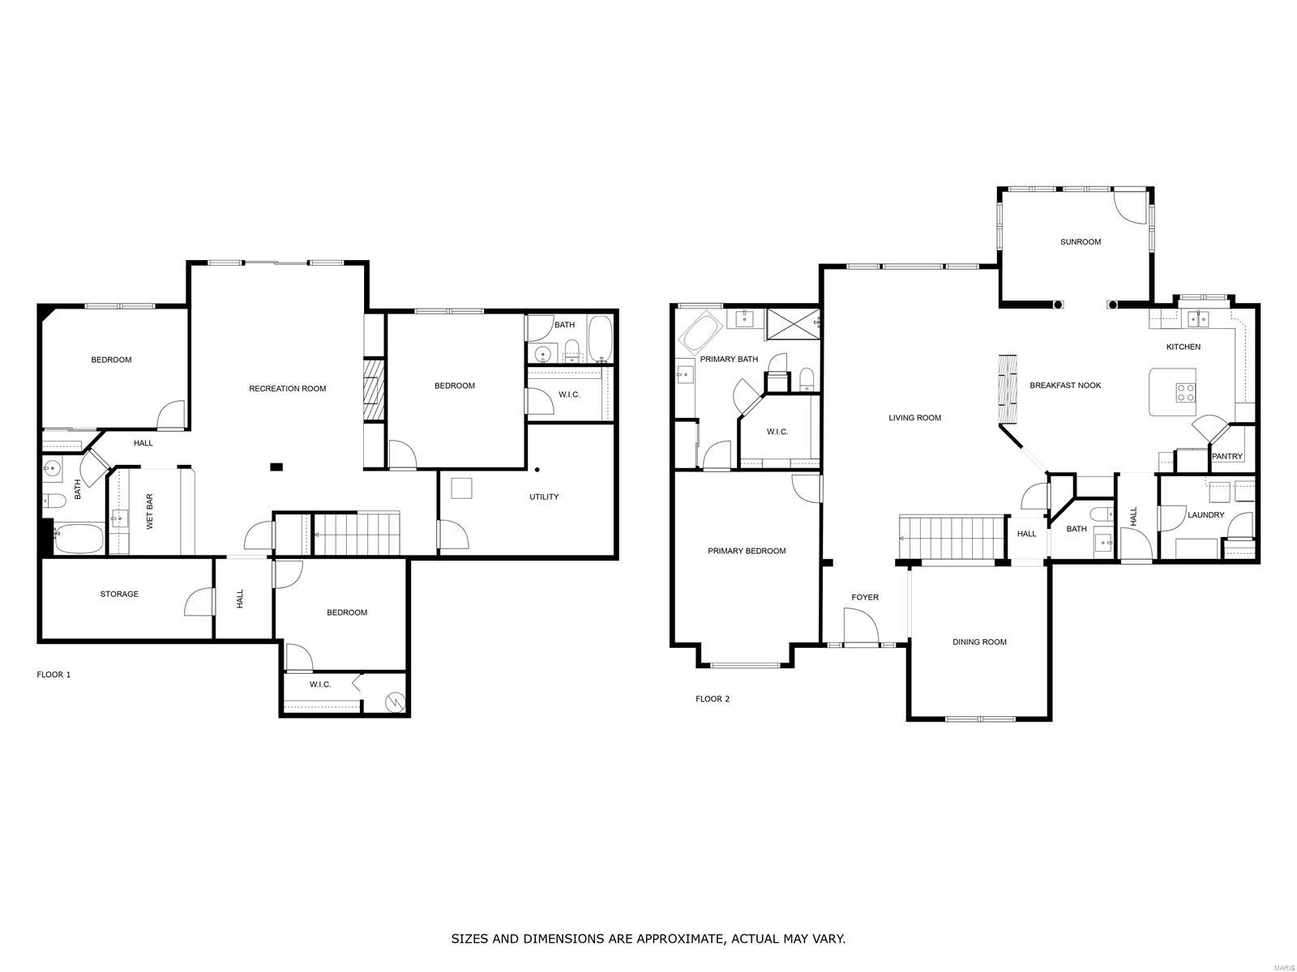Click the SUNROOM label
[x=1080, y=242]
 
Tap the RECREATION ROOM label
[x=287, y=389]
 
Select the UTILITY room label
[x=544, y=497]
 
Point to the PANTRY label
[x=1226, y=456]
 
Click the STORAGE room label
[x=119, y=595]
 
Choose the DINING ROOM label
[x=979, y=642]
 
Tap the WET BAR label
[x=149, y=512]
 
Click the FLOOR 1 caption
[x=54, y=675]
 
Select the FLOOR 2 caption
[x=712, y=699]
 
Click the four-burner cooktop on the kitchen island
[x=1185, y=393]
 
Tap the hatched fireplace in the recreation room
[x=374, y=390]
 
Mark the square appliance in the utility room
[x=461, y=488]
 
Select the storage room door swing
[x=199, y=602]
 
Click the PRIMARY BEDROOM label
[x=747, y=552]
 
